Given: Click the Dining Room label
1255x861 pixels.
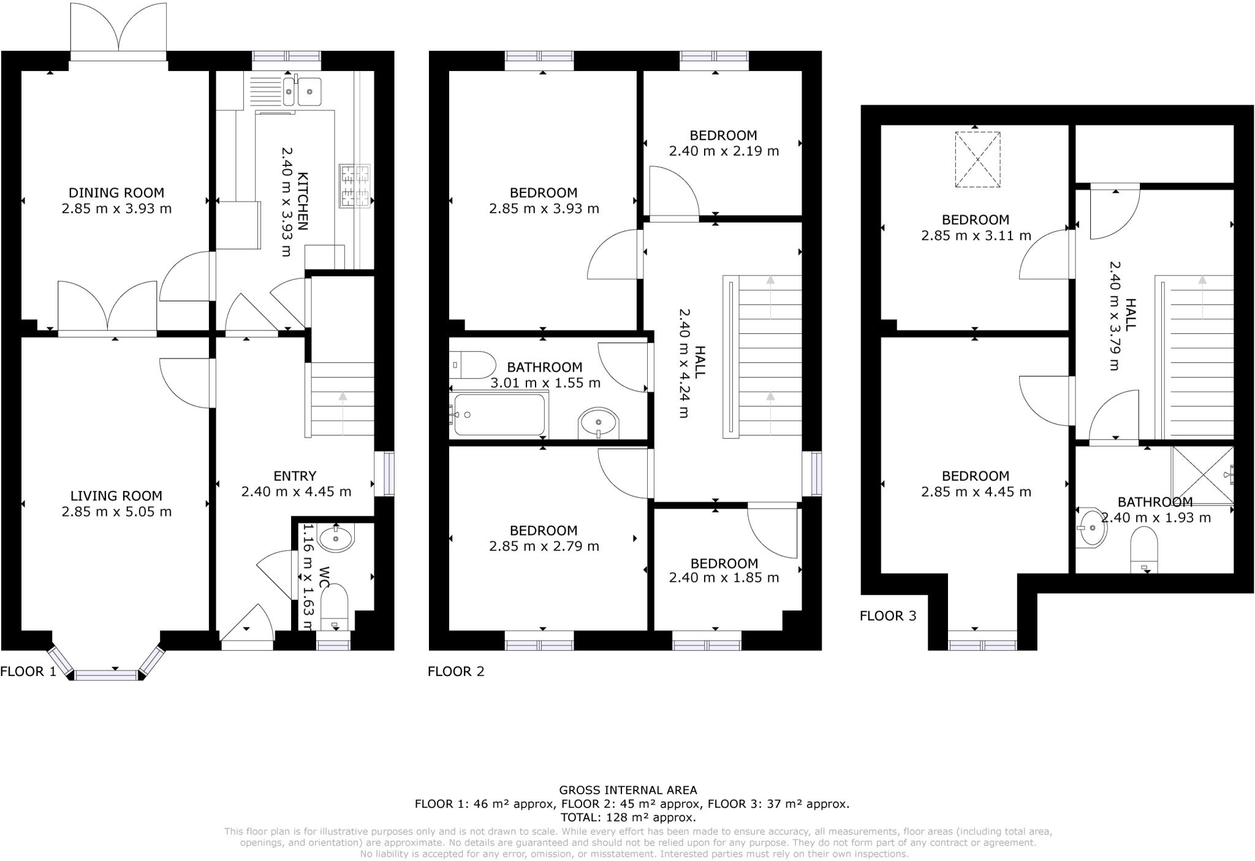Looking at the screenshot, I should point(116,192).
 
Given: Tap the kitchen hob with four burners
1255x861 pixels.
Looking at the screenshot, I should point(355,186).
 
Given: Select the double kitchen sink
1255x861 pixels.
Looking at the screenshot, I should point(302,92).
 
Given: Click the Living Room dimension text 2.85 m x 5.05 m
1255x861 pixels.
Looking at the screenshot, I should point(116,512).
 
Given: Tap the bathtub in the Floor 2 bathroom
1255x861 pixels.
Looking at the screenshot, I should point(499,415).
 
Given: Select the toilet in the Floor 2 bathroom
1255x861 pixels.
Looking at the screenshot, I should point(473,365).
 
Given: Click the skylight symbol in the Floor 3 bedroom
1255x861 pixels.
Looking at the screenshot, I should point(977,159).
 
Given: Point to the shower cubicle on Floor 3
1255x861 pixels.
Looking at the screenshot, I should point(1202,475).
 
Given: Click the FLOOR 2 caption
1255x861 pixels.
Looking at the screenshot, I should point(456,672).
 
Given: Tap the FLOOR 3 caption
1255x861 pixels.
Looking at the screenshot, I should point(888,616).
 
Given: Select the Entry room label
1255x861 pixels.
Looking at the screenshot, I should point(295,476).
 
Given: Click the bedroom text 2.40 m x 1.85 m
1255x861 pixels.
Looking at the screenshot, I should point(724,578).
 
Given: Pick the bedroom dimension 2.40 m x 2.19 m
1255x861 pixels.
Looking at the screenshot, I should point(724,151).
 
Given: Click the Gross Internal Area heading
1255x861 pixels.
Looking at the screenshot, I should point(627,790).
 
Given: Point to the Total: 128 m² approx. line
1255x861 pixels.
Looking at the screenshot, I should point(627,817).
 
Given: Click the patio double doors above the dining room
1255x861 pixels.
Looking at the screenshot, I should point(118,31).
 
